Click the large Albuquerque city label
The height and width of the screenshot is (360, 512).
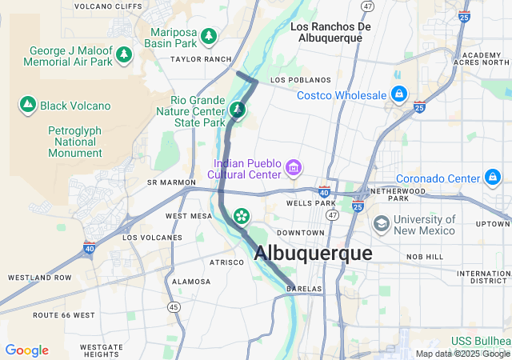[313, 253]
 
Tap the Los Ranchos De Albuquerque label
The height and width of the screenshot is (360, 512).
[331, 33]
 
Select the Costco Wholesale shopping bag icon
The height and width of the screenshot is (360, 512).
[398, 95]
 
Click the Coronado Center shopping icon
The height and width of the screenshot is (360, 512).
[492, 178]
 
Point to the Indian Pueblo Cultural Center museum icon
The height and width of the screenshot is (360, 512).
[294, 168]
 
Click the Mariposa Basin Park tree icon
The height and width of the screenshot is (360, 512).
[209, 36]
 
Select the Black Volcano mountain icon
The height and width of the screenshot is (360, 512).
[28, 105]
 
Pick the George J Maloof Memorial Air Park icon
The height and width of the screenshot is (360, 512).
[124, 54]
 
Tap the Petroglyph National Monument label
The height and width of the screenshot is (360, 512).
[75, 142]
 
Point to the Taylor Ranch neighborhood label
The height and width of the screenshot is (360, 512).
[199, 59]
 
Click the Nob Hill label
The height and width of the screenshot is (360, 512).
[424, 257]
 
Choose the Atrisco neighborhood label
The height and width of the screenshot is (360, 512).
[226, 262]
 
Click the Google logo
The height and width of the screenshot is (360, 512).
[26, 350]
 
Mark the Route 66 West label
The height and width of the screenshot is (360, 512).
[63, 315]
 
